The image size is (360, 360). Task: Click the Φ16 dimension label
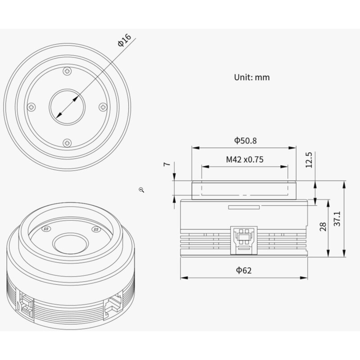point(124,41)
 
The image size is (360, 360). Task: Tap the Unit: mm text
point(252,77)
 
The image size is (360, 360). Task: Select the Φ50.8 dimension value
point(245,140)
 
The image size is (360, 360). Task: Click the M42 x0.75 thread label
point(244,159)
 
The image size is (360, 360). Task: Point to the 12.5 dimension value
point(309,160)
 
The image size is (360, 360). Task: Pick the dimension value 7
point(167,164)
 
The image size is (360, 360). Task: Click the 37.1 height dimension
point(338,218)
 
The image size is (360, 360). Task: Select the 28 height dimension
point(323,227)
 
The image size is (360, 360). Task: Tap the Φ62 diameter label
point(244,270)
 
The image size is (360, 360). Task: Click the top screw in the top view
point(67,71)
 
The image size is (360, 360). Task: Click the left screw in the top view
point(31,107)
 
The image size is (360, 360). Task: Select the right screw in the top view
point(103,107)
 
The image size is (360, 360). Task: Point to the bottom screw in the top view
point(67,143)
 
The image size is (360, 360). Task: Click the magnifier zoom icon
point(141,190)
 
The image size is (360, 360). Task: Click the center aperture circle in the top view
point(67,107)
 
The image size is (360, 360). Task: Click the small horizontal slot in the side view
point(244,207)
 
